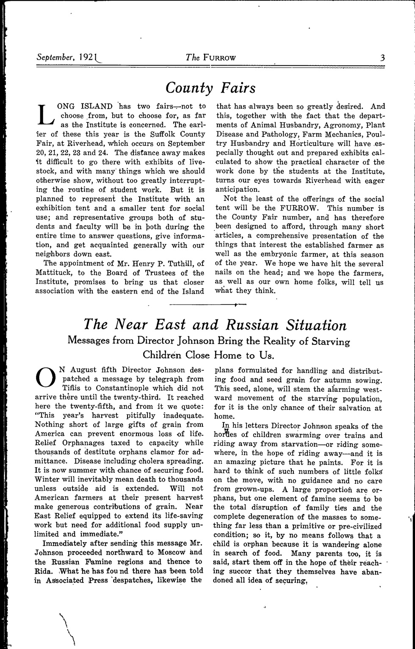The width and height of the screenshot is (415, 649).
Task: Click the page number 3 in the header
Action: point(382,58)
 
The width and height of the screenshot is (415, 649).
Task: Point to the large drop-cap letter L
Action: point(44,114)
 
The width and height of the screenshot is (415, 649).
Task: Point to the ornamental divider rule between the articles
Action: point(207,305)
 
